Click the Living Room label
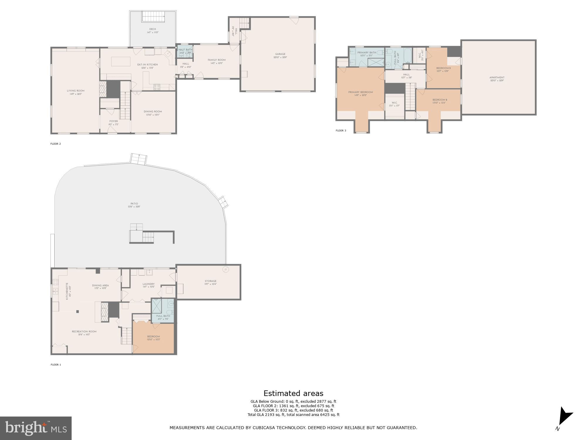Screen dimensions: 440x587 (76, 91)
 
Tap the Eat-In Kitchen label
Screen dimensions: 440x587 (148, 65)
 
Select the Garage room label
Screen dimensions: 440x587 (280, 54)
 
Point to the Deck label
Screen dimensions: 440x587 (153, 29)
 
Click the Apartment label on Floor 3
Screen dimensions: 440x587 (497, 78)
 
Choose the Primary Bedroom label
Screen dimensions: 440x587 (360, 92)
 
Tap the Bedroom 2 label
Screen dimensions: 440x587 (440, 100)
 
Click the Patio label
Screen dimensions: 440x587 (134, 204)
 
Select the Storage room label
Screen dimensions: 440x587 (210, 281)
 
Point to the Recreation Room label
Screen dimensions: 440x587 (84, 332)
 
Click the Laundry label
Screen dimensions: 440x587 (149, 284)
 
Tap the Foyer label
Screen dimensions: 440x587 (114, 121)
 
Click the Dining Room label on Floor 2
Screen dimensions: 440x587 (153, 112)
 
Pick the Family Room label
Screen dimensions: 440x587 (217, 60)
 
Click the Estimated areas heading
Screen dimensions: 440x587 (293, 393)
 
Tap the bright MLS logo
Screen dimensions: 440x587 (36, 428)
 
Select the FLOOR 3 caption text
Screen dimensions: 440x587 (341, 131)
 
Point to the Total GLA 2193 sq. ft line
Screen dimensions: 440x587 (293, 415)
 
